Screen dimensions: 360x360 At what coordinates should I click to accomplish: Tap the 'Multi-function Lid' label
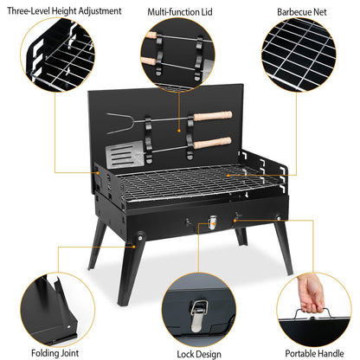pos(181,13)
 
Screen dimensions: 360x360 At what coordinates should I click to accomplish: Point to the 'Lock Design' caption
pos(179,352)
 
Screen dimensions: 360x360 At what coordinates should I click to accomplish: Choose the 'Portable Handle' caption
pos(309,352)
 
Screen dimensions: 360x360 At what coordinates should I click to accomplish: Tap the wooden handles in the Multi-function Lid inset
pos(170,52)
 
